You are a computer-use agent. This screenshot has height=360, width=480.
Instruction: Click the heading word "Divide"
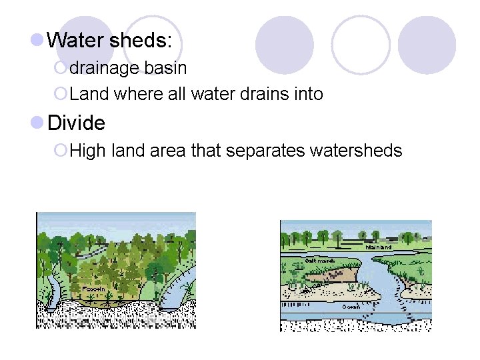coord(77,123)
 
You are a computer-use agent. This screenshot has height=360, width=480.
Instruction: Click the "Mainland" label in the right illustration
coord(378,247)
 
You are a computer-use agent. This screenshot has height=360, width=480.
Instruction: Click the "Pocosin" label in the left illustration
coord(91,288)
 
